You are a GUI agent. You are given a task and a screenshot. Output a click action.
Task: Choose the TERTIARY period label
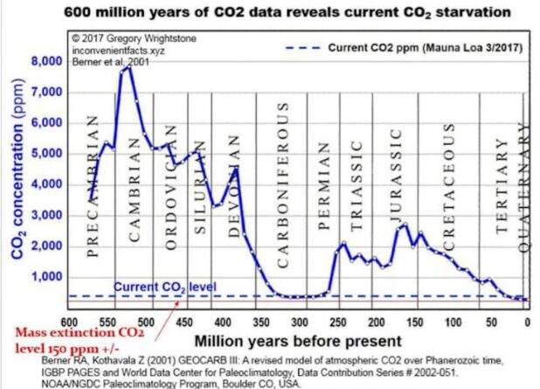(502, 198)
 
